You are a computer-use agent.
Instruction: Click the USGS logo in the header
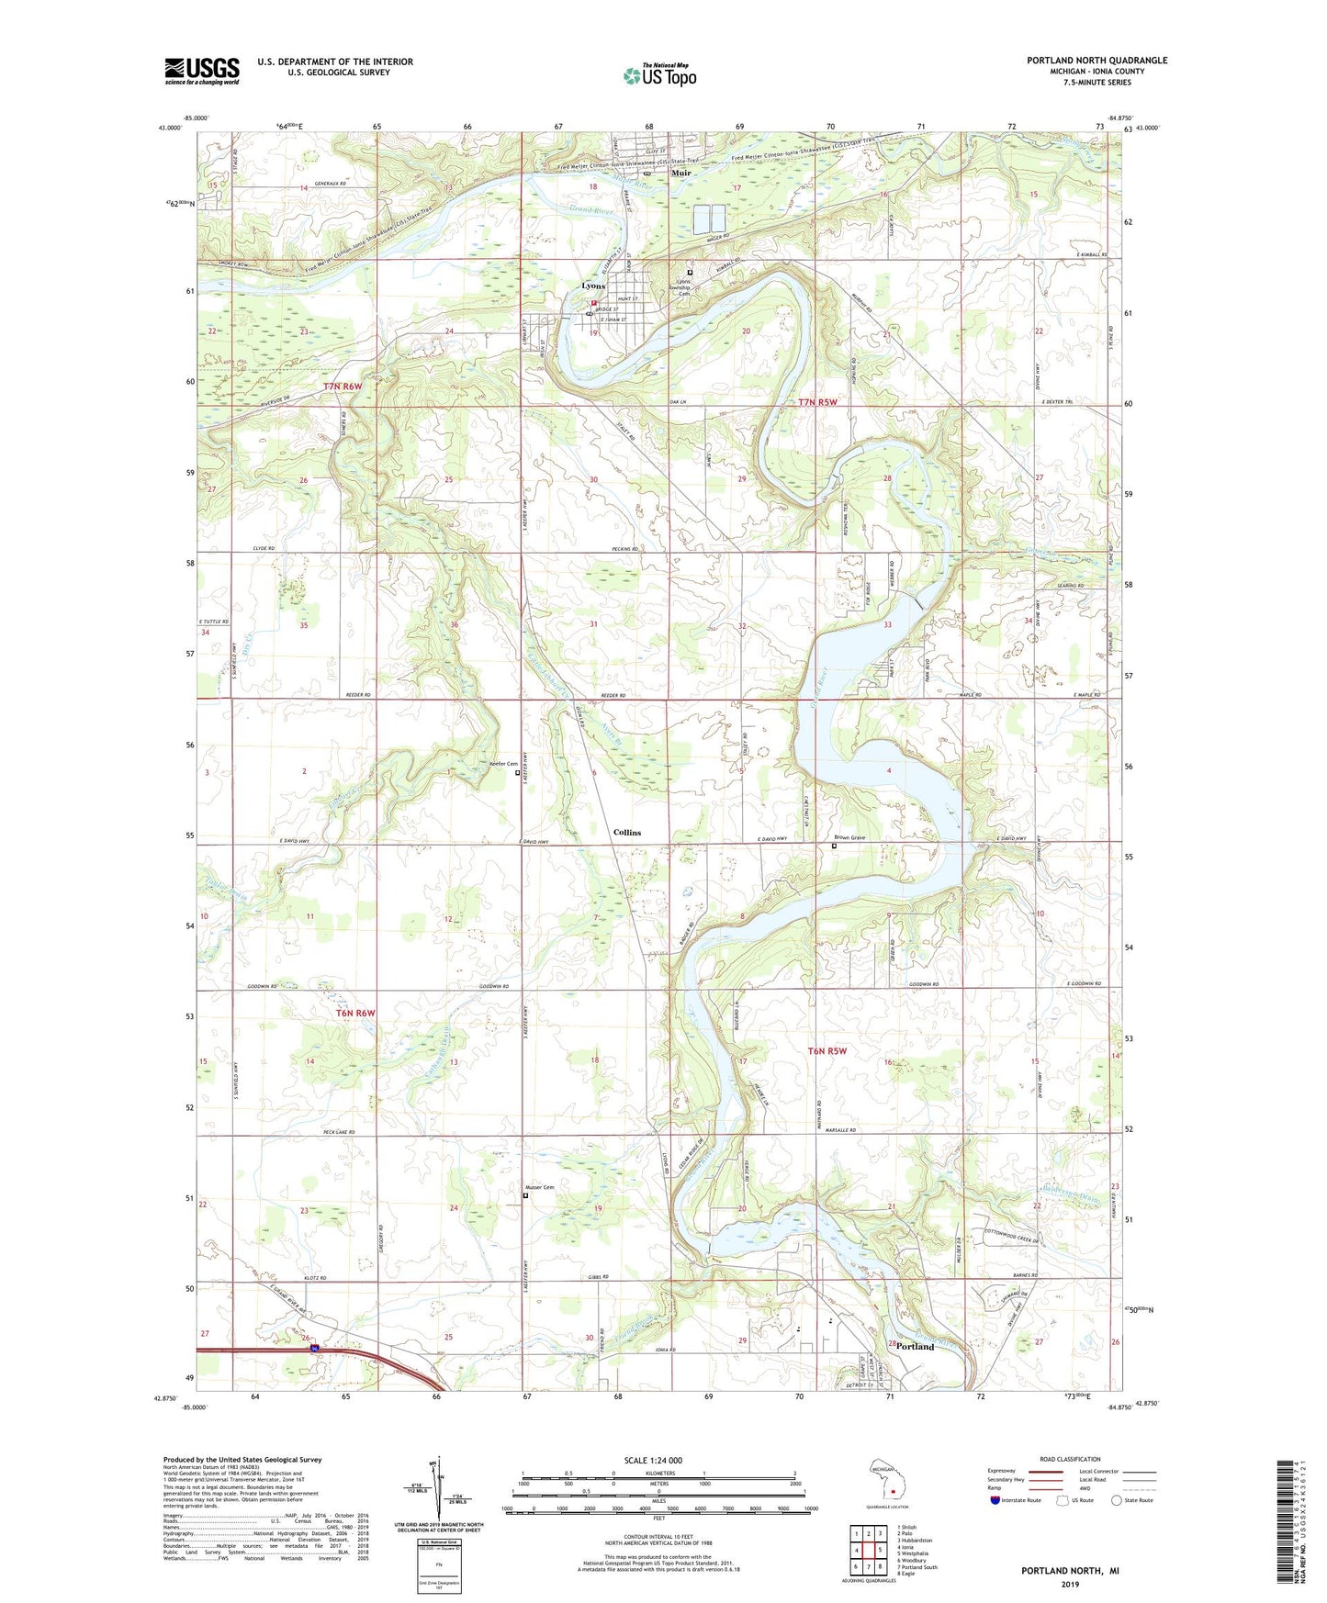(202, 71)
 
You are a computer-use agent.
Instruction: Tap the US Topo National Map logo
(659, 74)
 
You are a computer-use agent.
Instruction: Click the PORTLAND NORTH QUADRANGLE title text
(1096, 61)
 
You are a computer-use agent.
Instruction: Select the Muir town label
(680, 173)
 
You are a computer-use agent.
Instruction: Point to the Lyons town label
(592, 286)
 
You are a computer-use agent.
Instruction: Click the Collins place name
(627, 833)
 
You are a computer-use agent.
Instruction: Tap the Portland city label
(915, 1347)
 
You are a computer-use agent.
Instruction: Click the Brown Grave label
(849, 838)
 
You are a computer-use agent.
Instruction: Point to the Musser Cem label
(539, 1188)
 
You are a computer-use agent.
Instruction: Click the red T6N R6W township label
(348, 1013)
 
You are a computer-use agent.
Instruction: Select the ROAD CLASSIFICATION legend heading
(1070, 1459)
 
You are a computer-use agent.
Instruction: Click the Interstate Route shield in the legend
(998, 1500)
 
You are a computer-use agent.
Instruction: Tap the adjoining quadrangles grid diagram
(868, 1550)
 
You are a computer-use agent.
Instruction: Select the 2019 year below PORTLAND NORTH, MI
(1070, 1584)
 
